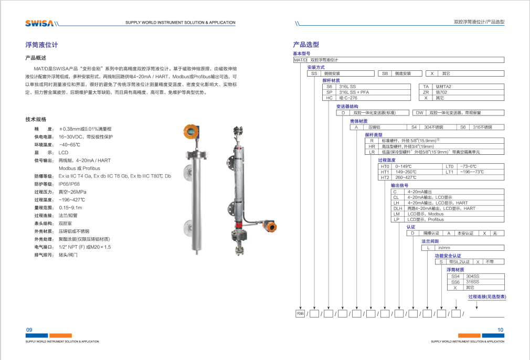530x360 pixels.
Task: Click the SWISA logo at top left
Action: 39,23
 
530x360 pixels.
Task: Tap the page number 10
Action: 500,330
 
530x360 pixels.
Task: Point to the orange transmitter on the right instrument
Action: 270,227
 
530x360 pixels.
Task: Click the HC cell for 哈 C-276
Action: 330,98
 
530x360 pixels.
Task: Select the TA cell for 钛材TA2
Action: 426,86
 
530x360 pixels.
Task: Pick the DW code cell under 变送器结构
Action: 419,112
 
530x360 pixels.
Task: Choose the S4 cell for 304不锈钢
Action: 414,127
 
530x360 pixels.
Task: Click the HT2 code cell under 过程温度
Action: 385,177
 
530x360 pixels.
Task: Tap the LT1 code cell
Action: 449,172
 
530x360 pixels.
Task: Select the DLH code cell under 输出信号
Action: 397,208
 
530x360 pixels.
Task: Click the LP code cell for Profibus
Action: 397,219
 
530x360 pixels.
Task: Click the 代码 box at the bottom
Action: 300,314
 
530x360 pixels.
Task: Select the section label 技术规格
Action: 36,119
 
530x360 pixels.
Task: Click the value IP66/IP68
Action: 69,184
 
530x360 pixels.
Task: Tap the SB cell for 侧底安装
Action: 385,73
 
